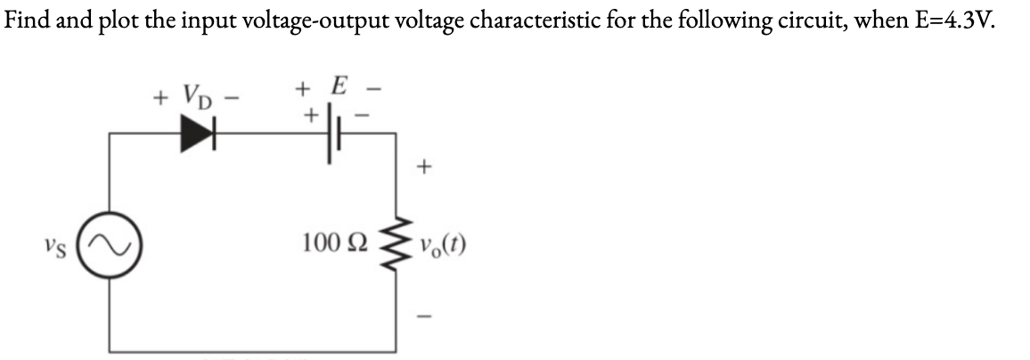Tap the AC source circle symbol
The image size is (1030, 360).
pos(110,242)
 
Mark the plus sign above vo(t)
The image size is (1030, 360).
pos(425,166)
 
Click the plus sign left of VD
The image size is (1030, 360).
pos(161,94)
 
